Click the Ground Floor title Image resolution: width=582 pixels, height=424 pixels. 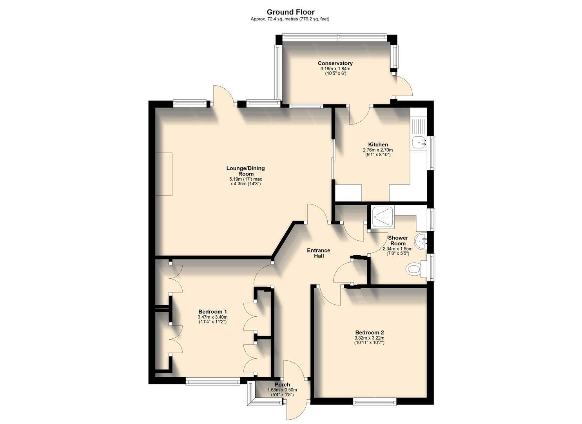point(290,12)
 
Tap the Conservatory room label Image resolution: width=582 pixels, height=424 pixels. point(335,63)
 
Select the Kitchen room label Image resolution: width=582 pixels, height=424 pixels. point(378,144)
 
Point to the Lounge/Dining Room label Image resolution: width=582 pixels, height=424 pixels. point(245,171)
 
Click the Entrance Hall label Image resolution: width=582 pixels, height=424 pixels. point(318,253)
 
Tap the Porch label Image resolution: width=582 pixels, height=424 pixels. point(282,385)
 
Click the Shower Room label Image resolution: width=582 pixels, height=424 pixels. point(398,240)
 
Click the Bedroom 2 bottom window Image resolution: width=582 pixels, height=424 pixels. point(374,401)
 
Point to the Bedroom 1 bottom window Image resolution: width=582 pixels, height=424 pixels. point(212,381)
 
